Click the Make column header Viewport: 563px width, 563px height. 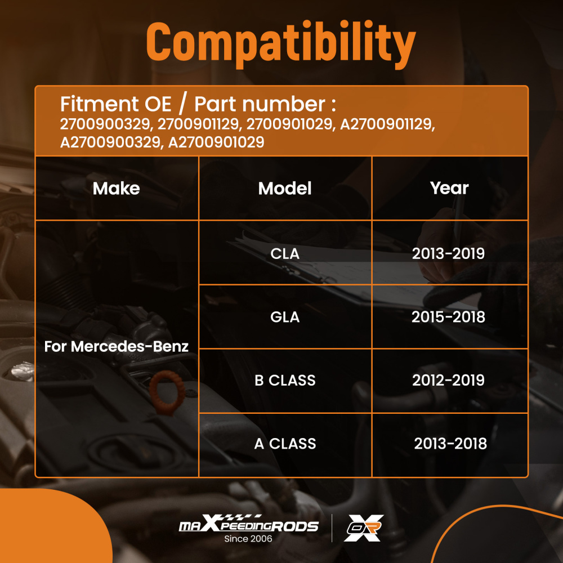coord(117,189)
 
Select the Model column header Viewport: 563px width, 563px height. coord(285,189)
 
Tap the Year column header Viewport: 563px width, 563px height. coord(449,188)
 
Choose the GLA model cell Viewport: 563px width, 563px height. coord(285,317)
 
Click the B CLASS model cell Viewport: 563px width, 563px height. coord(285,380)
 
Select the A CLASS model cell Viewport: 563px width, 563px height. coord(285,444)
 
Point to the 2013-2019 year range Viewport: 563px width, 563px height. coord(449,254)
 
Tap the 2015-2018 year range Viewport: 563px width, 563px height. coord(449,317)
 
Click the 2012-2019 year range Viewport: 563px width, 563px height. coord(449,380)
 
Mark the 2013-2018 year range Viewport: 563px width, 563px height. coord(450,444)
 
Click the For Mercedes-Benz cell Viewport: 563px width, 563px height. coord(117,346)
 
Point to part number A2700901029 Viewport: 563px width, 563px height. coord(216,142)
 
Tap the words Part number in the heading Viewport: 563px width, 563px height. coord(260,104)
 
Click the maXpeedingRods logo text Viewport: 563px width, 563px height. coord(248,524)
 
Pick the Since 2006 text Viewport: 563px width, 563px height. coord(248,539)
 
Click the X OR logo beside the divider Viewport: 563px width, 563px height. coord(363,528)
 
